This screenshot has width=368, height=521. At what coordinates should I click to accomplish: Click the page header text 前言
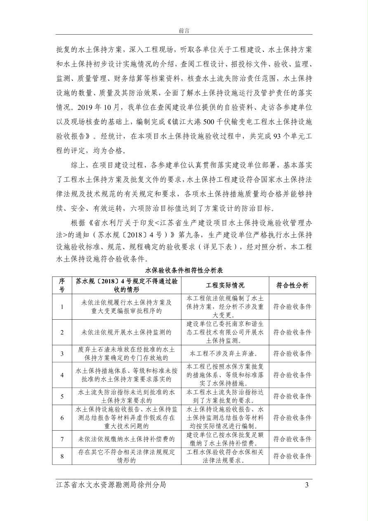[184, 31]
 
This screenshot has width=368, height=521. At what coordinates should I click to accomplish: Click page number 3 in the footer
[307, 485]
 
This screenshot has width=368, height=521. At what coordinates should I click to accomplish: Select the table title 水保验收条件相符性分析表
[184, 271]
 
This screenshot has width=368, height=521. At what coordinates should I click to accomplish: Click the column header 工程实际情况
[225, 285]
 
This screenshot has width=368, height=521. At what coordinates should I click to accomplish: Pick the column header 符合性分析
[292, 285]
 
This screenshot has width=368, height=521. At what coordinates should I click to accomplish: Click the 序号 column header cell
[62, 285]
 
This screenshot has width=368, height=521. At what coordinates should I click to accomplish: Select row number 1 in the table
[62, 307]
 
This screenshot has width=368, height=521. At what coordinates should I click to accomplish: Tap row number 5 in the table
[62, 396]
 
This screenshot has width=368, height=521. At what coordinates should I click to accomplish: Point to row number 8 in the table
[62, 456]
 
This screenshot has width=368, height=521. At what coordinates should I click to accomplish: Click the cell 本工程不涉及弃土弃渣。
[225, 354]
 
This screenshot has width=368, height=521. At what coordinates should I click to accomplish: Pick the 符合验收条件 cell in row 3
[292, 354]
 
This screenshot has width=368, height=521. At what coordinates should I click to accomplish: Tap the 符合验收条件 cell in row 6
[292, 418]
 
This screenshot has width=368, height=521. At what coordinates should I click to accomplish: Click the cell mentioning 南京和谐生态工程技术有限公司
[225, 332]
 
